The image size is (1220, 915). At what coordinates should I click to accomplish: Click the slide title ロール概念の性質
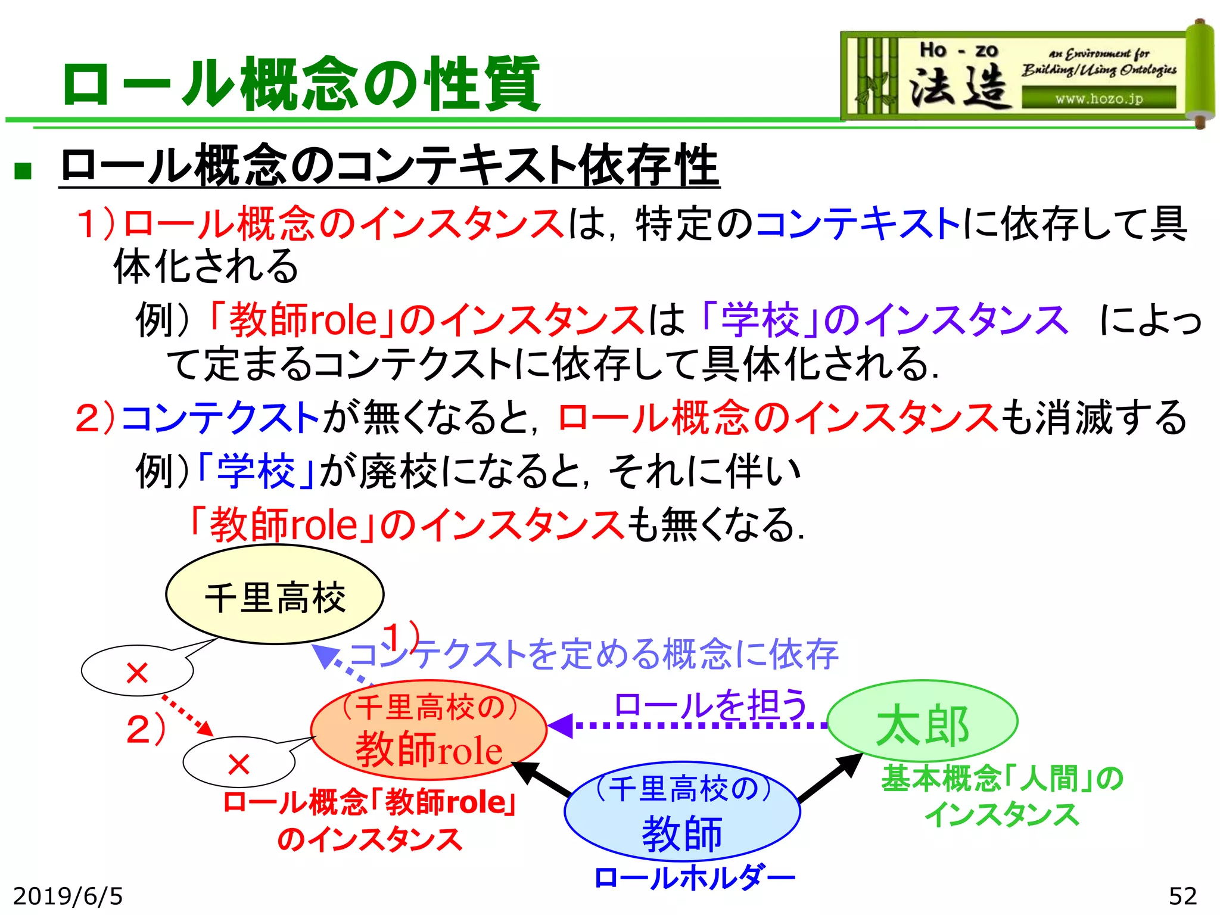click(301, 83)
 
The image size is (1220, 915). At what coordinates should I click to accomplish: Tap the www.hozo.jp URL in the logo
click(1099, 98)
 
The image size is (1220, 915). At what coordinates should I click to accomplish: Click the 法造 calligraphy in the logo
click(959, 86)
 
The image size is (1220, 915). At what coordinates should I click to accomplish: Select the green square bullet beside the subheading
click(23, 171)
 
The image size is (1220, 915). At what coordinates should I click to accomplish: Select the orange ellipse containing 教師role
click(429, 730)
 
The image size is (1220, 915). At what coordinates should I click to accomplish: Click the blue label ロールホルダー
click(695, 877)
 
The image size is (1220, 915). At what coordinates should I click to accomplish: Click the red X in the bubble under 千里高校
click(137, 673)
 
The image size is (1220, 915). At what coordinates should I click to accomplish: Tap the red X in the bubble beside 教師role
click(238, 764)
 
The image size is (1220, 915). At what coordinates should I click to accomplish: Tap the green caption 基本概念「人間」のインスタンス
click(1002, 796)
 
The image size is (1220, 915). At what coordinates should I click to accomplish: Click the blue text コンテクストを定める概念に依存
click(596, 654)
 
